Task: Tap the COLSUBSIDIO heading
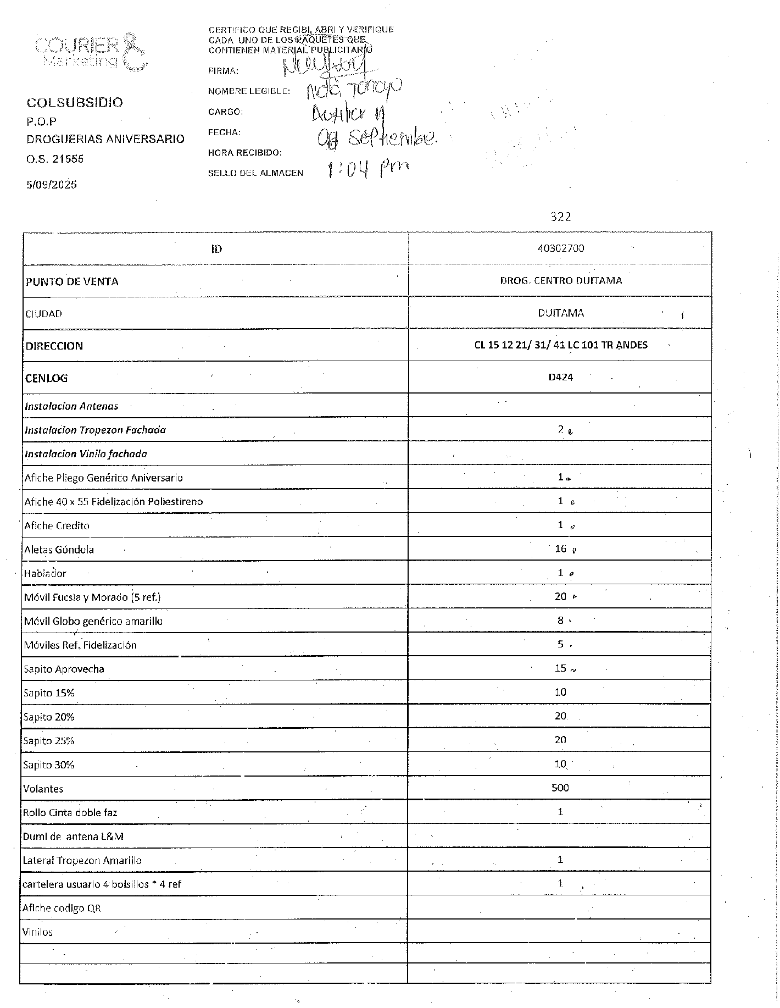tap(75, 103)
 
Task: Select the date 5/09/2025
tap(52, 185)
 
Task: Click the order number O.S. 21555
tap(55, 159)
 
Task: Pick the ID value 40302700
tap(561, 248)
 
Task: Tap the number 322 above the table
tap(561, 217)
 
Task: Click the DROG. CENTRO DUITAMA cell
tap(561, 280)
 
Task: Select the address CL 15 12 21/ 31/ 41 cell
tap(561, 345)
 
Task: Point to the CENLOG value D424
tap(561, 377)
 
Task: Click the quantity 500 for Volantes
tap(560, 788)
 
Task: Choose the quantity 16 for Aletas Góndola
tap(560, 549)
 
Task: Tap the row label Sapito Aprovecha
tap(64, 669)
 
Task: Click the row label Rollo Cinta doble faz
tap(70, 812)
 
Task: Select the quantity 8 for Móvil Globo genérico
tap(560, 621)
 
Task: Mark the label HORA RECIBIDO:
tap(245, 153)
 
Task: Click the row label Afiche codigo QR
tap(62, 908)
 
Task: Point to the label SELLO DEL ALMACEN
tap(255, 173)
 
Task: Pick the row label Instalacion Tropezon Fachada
tap(95, 430)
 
